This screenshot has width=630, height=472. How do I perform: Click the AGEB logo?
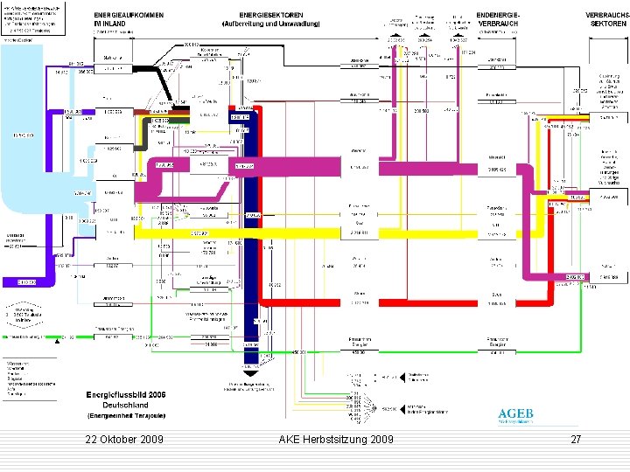pos(514,415)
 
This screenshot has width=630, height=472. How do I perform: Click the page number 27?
pos(575,440)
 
